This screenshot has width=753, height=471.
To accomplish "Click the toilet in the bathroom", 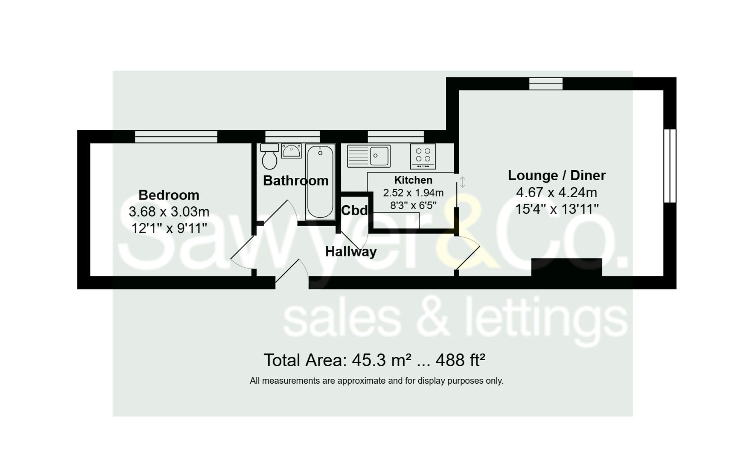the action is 269,156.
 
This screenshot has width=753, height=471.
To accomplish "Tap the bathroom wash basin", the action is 291,151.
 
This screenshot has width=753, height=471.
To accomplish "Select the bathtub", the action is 320,182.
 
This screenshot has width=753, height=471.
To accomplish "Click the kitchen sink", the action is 369,156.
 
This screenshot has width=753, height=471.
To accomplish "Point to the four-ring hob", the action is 423,156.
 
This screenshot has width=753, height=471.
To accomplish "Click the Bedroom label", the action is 169,195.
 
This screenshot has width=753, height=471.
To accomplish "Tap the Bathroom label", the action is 296,181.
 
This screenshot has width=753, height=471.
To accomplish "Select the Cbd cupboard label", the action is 354,210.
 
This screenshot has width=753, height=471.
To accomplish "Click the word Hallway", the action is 351,252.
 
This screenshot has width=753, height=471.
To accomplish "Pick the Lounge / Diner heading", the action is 557,175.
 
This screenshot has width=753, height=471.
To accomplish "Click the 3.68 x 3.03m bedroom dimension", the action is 169,212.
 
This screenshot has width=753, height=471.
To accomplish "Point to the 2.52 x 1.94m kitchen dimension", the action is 413,193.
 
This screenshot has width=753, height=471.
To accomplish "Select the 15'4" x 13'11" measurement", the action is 557,209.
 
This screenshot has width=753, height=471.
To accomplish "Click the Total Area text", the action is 375,360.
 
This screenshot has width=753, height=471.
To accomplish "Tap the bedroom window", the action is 176,137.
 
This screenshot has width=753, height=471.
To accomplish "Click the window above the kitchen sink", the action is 396,137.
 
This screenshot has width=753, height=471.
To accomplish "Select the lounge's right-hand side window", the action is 670,166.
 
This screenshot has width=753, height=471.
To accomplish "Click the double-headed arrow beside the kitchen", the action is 462,182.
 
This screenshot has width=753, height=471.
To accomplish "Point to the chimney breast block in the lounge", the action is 567,267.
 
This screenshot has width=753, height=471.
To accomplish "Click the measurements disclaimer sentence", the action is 376,381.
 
